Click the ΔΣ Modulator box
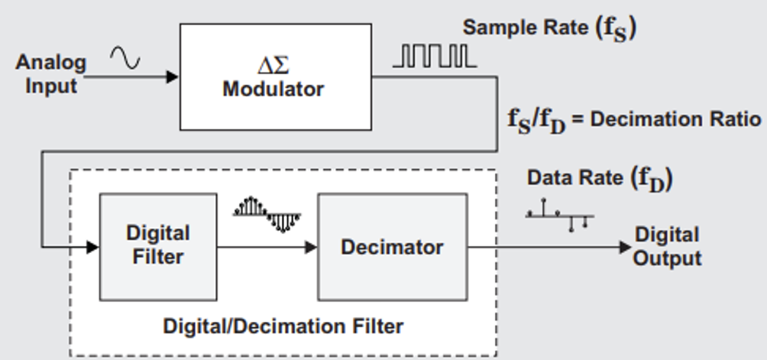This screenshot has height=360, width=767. click(x=275, y=76)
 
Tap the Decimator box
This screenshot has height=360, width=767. click(x=392, y=247)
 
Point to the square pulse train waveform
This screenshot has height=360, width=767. click(x=434, y=56)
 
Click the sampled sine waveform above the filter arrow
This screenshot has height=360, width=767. click(x=267, y=214)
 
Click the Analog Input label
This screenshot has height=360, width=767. click(x=51, y=73)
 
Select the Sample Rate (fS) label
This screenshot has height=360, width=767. click(x=549, y=29)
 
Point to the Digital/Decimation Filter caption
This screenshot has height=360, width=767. click(x=283, y=326)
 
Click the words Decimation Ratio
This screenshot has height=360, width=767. click(x=676, y=120)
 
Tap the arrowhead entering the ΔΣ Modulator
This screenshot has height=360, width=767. click(x=173, y=76)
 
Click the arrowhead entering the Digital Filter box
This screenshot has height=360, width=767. click(x=92, y=247)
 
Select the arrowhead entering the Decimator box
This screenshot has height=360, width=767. click(x=311, y=247)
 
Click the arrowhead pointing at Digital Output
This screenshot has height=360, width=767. click(x=624, y=247)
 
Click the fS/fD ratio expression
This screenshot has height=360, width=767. click(x=537, y=121)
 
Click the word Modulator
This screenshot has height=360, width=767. click(x=273, y=89)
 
